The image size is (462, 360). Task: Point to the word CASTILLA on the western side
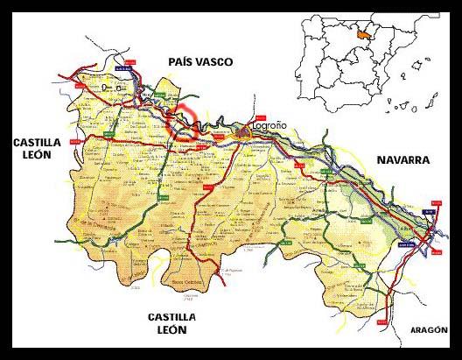[34, 141]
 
